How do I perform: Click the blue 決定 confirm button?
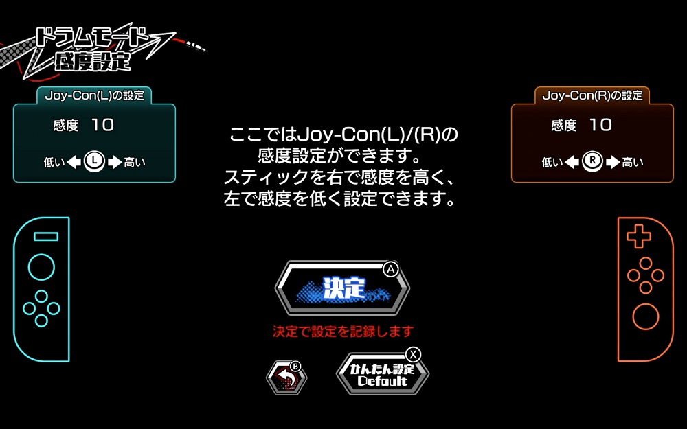342,288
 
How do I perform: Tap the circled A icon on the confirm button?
391,269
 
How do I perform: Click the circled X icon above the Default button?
413,354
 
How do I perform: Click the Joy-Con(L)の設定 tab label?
94,95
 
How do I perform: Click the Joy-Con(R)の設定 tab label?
592,95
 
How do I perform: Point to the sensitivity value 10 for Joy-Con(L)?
103,125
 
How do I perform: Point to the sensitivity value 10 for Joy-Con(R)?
600,125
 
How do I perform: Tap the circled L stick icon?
94,161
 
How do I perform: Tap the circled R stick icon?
592,161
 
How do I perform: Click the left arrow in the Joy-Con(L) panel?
74,162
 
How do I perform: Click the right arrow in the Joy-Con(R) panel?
613,162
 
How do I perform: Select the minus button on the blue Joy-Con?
46,237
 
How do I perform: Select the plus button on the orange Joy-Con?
639,236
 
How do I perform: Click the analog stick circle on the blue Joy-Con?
42,268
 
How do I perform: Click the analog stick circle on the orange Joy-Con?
645,316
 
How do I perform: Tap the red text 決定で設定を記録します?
343,332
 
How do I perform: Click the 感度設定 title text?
93,61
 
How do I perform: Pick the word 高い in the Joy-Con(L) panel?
135,163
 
